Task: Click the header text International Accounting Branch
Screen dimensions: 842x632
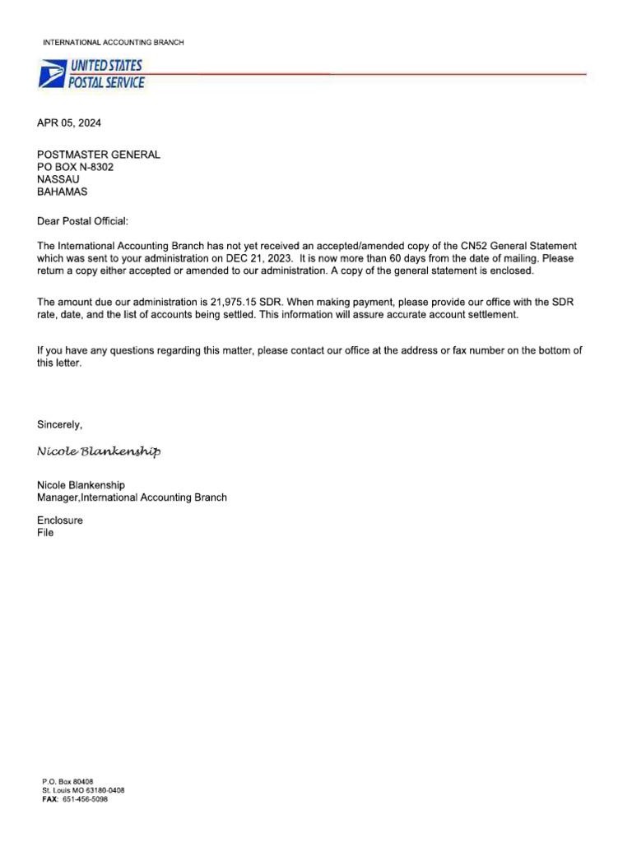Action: click(x=114, y=42)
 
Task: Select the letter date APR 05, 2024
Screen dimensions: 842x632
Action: click(x=70, y=123)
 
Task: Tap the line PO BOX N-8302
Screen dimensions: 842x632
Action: click(x=76, y=167)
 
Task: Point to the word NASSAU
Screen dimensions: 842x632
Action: click(x=58, y=179)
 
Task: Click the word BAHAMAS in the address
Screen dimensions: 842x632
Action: click(x=62, y=192)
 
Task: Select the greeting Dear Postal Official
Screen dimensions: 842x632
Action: click(x=83, y=221)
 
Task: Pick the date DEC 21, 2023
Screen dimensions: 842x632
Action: click(x=258, y=258)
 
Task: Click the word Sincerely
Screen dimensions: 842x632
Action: click(x=60, y=424)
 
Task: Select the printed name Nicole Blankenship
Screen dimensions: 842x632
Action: click(x=81, y=485)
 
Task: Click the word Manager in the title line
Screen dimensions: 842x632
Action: click(x=57, y=497)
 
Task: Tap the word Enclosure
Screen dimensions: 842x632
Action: click(x=60, y=520)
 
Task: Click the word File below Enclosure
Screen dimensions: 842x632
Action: click(x=45, y=533)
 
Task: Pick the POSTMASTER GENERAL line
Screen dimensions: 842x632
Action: click(x=99, y=155)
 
